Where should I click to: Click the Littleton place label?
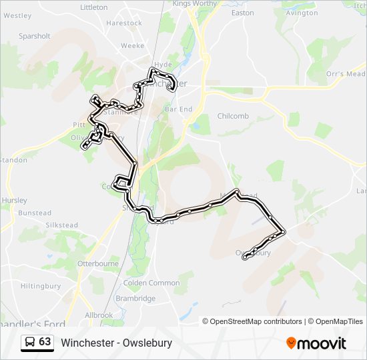point(93,7)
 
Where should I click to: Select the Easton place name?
point(242,13)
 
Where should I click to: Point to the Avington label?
point(302,13)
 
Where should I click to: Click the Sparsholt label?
point(35,36)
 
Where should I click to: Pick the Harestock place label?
point(124,23)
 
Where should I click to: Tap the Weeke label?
point(132,46)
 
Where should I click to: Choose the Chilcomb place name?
point(233,116)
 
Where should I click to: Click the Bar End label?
point(178,109)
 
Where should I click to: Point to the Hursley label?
point(14,200)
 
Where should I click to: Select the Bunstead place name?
point(35,213)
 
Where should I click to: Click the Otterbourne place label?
point(98,264)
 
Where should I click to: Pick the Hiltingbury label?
point(41,285)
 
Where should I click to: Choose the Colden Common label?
point(151,283)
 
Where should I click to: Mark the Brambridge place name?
point(135,299)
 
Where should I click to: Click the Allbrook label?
point(99,315)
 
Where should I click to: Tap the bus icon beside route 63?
point(30,342)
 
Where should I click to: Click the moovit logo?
point(316,343)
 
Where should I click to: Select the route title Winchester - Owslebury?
point(117,343)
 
